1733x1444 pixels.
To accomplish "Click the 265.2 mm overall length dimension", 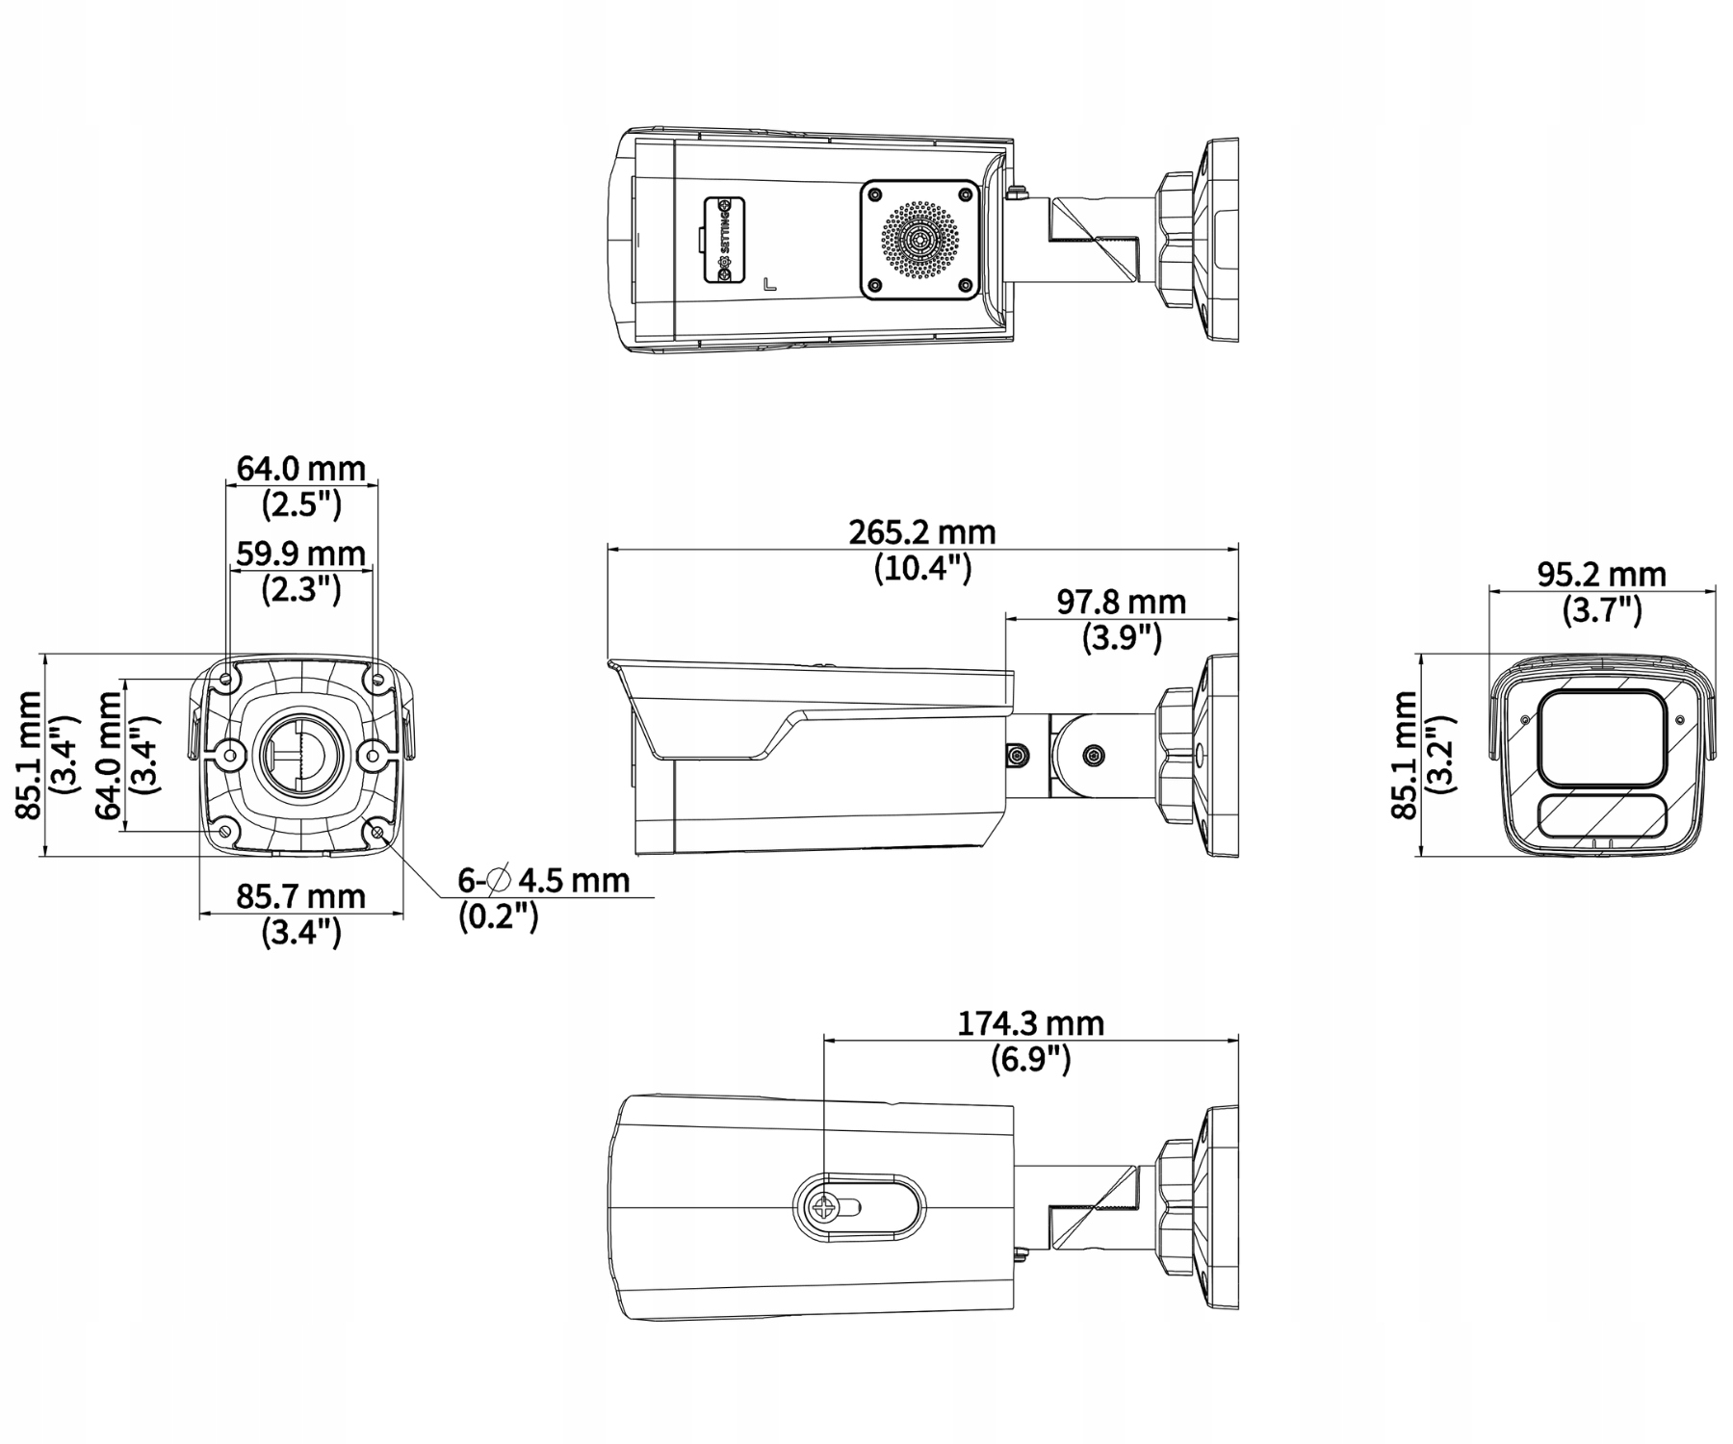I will (921, 532).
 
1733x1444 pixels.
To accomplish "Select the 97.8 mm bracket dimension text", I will (1121, 603).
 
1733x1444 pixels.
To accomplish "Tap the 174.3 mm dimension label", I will (1030, 1022).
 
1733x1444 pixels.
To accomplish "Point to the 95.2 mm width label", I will (1600, 575).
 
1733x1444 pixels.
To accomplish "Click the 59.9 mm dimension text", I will (301, 554).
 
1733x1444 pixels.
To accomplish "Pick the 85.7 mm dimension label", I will (301, 896).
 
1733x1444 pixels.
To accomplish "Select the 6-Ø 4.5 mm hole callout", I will (544, 880).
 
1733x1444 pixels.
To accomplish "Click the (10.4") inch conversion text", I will (922, 569).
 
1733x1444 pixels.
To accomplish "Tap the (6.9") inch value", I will (1030, 1059).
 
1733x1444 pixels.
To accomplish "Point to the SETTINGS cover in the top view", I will (724, 240).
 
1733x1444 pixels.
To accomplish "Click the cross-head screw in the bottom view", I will (825, 1207).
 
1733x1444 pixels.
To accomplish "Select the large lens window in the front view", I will (1600, 737).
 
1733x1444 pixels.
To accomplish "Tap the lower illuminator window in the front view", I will (1600, 816).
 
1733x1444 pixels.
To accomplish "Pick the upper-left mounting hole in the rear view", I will (227, 680).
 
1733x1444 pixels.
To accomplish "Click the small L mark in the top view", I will (769, 285).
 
